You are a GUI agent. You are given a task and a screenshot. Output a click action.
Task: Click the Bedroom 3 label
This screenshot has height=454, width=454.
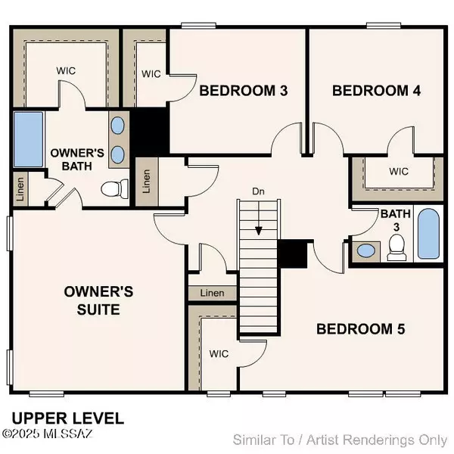pyautogui.click(x=232, y=91)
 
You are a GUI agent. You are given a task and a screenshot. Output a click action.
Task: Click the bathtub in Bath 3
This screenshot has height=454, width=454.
pyautogui.click(x=428, y=235)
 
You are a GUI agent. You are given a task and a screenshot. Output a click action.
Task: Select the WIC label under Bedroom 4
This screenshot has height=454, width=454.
pyautogui.click(x=398, y=171)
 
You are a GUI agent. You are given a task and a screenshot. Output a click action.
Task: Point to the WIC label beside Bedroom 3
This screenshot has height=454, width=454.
pyautogui.click(x=151, y=73)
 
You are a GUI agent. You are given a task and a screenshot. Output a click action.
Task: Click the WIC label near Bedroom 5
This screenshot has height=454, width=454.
pyautogui.click(x=219, y=353)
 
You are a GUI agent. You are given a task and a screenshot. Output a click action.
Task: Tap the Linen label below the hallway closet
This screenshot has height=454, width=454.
pyautogui.click(x=213, y=293)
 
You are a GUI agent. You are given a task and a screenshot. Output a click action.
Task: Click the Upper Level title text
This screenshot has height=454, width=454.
pyautogui.click(x=68, y=418)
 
